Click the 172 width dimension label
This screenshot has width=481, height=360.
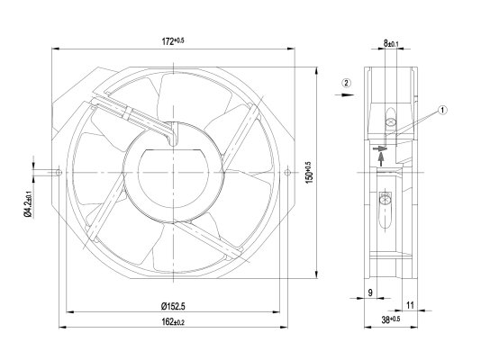click(x=173, y=40)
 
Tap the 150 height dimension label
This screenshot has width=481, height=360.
click(x=309, y=173)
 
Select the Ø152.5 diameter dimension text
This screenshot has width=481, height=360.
click(x=173, y=306)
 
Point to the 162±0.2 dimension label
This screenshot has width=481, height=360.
click(x=173, y=321)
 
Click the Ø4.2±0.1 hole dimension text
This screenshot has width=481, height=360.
click(x=28, y=203)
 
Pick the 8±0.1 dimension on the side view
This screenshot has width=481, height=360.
click(x=391, y=43)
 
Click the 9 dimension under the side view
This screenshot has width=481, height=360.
click(x=370, y=292)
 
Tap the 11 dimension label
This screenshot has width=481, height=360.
click(x=410, y=305)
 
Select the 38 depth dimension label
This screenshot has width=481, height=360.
click(x=391, y=319)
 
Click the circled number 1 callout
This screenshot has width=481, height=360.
click(x=442, y=111)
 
